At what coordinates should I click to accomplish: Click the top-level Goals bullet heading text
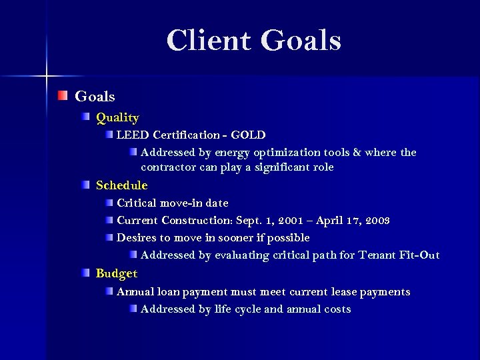[x=95, y=97]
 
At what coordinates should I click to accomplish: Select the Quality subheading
[x=117, y=118]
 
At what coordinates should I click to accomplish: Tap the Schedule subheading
[x=122, y=185]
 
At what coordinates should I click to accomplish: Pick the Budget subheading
[x=117, y=273]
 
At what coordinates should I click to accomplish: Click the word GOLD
[x=249, y=135]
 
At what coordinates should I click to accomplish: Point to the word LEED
[x=132, y=135]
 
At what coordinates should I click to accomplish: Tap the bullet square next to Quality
[x=87, y=118]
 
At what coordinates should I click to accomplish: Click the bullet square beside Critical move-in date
[x=108, y=202]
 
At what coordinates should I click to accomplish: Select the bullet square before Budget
[x=87, y=273]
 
